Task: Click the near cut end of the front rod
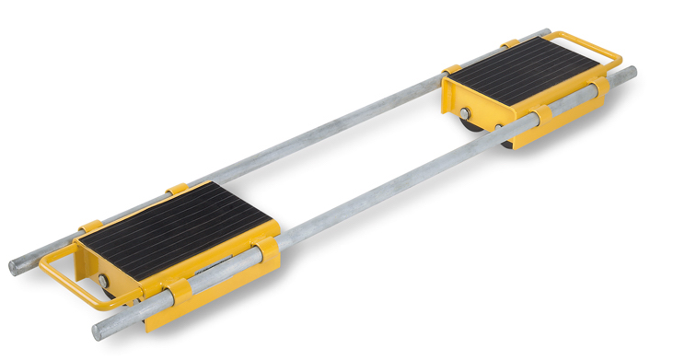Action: click(x=96, y=331)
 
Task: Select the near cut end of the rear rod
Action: click(x=14, y=268)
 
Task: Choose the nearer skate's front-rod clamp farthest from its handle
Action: click(x=268, y=255)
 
